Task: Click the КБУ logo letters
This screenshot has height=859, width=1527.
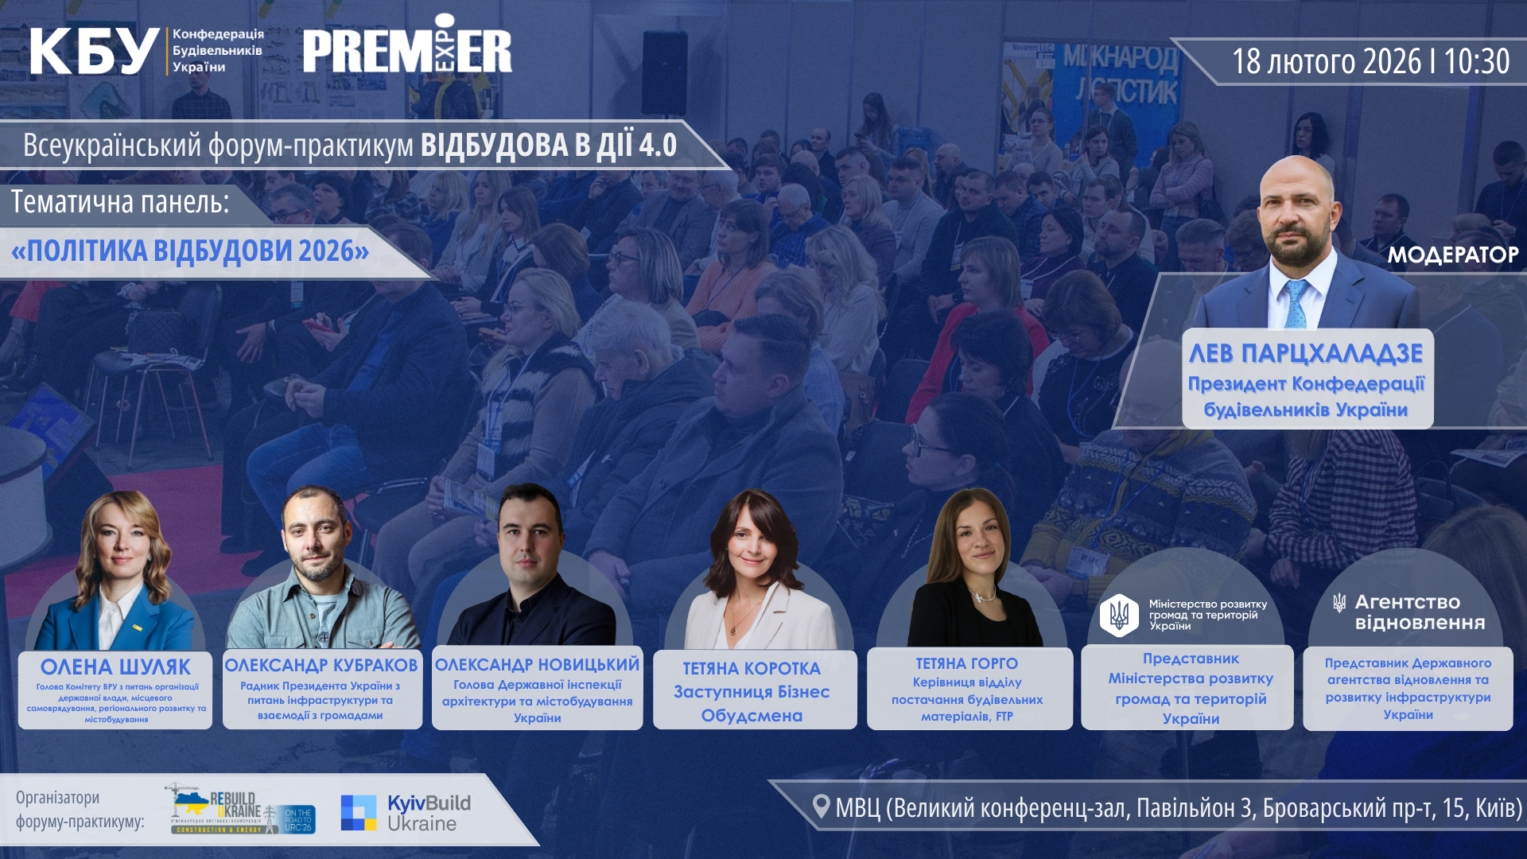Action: pos(94,51)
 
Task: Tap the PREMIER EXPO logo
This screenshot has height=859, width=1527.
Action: pos(406,49)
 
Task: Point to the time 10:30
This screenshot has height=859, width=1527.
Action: pos(1476,61)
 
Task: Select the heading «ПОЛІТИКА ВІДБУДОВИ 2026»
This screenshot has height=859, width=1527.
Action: pos(190,251)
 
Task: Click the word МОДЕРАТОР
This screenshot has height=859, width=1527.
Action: pos(1452,255)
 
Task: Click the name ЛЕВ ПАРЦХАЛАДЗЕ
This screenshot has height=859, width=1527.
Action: pos(1306,353)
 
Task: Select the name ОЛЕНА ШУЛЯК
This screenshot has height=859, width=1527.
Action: pos(115,667)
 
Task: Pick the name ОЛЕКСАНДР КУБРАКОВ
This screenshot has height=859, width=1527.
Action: pos(321,665)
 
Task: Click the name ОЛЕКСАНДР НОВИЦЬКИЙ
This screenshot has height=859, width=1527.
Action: pos(537,664)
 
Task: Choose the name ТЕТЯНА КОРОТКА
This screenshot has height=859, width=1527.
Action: pos(752,668)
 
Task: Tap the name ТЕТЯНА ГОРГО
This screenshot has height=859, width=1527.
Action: pos(966,663)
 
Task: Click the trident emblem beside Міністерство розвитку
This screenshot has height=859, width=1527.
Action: pos(1119,615)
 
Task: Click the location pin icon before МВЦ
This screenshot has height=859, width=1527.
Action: pos(822,807)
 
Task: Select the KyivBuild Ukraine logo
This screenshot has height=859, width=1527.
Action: pos(406,813)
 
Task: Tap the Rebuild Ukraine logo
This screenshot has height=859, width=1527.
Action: pos(243,810)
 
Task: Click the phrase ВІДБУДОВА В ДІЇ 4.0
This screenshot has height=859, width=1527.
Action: pos(548,146)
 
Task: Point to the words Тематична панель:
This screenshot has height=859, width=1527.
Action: pos(120,202)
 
